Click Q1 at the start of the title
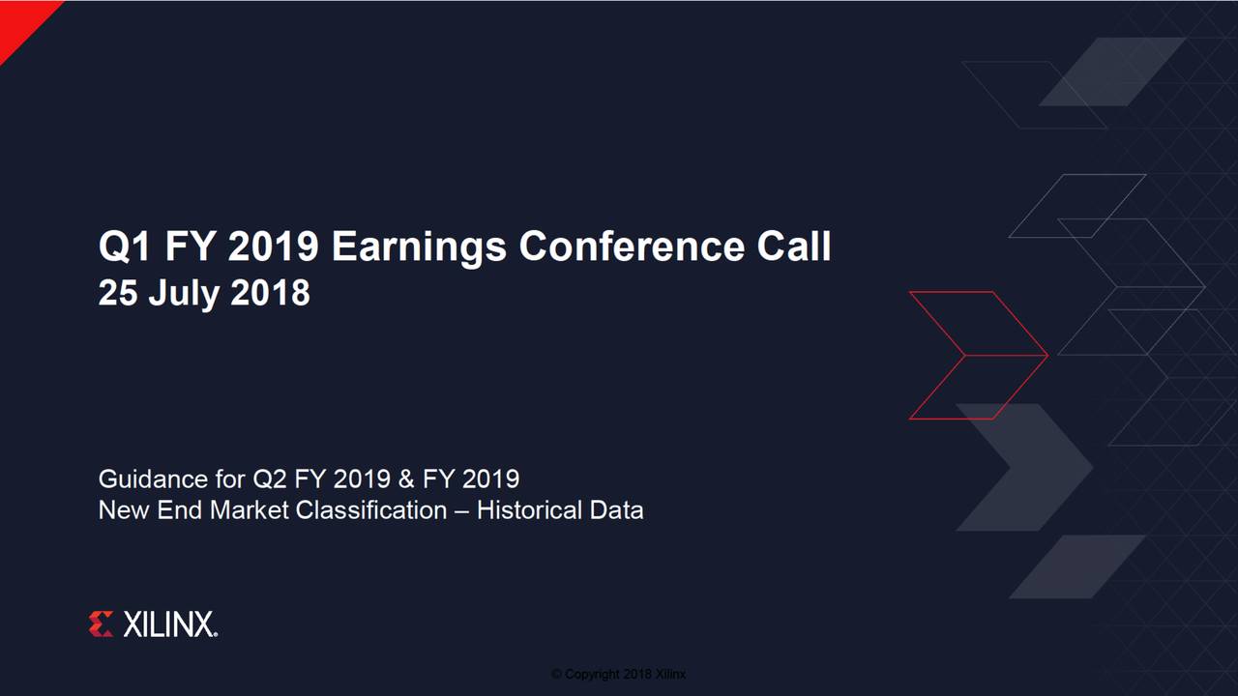click(126, 247)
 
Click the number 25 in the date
click(118, 293)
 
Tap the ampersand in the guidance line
click(406, 478)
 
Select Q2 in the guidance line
click(270, 478)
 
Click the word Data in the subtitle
click(615, 509)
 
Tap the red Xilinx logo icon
click(101, 624)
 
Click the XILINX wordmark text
click(169, 624)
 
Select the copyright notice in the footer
click(618, 674)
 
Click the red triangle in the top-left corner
click(19, 19)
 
